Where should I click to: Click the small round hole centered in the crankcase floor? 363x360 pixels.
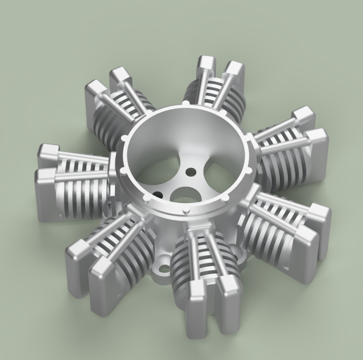[x=192, y=171]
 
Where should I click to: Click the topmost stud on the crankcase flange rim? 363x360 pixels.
[x=184, y=103]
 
